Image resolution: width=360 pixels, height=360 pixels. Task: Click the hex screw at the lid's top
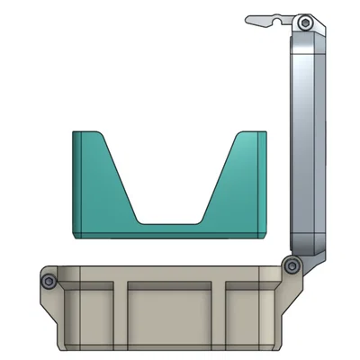306,22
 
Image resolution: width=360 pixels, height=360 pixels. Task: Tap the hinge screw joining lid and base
291,265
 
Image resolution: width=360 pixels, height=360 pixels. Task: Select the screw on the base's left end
49,283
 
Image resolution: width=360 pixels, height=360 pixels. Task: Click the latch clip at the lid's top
270,20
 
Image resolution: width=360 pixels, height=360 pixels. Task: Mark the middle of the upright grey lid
307,144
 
